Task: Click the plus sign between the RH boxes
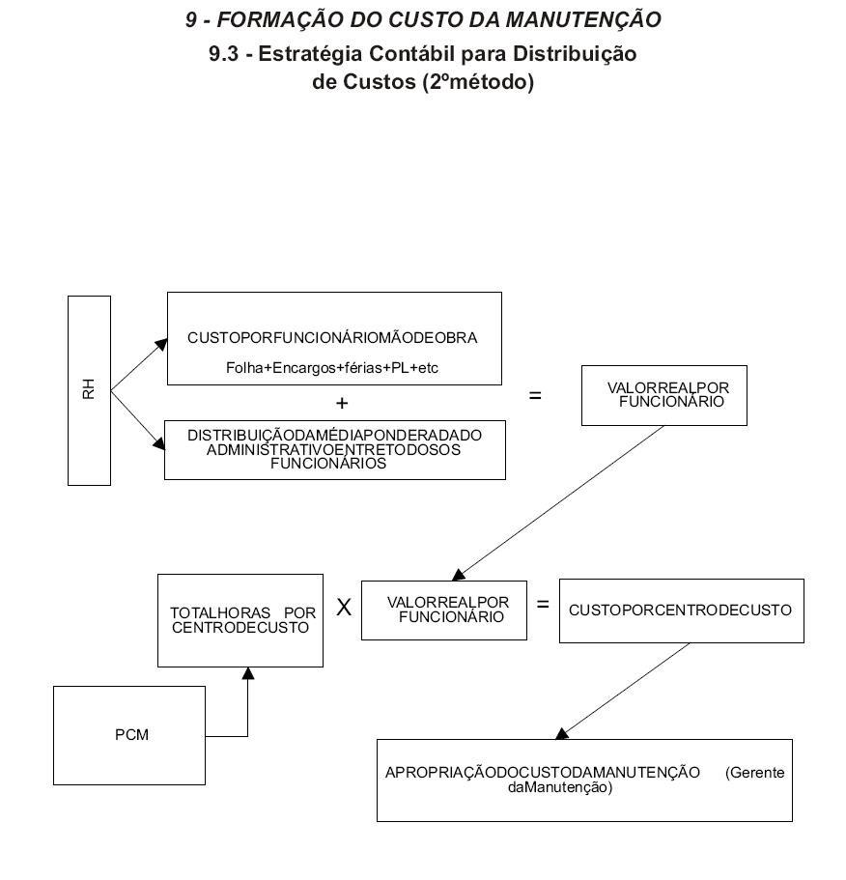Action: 342,403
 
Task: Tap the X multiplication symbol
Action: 344,608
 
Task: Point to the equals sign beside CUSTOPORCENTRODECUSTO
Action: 543,605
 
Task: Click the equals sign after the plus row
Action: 535,396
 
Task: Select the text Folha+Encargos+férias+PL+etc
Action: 332,368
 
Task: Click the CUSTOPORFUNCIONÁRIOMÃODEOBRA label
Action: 332,338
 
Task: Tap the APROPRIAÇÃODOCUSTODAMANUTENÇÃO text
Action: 543,773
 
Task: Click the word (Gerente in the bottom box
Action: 754,773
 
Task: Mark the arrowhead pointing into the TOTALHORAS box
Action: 248,673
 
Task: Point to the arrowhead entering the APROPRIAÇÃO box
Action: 561,733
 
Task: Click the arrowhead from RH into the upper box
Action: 161,344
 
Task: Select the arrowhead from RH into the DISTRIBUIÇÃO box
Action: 159,444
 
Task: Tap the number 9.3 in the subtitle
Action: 224,54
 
